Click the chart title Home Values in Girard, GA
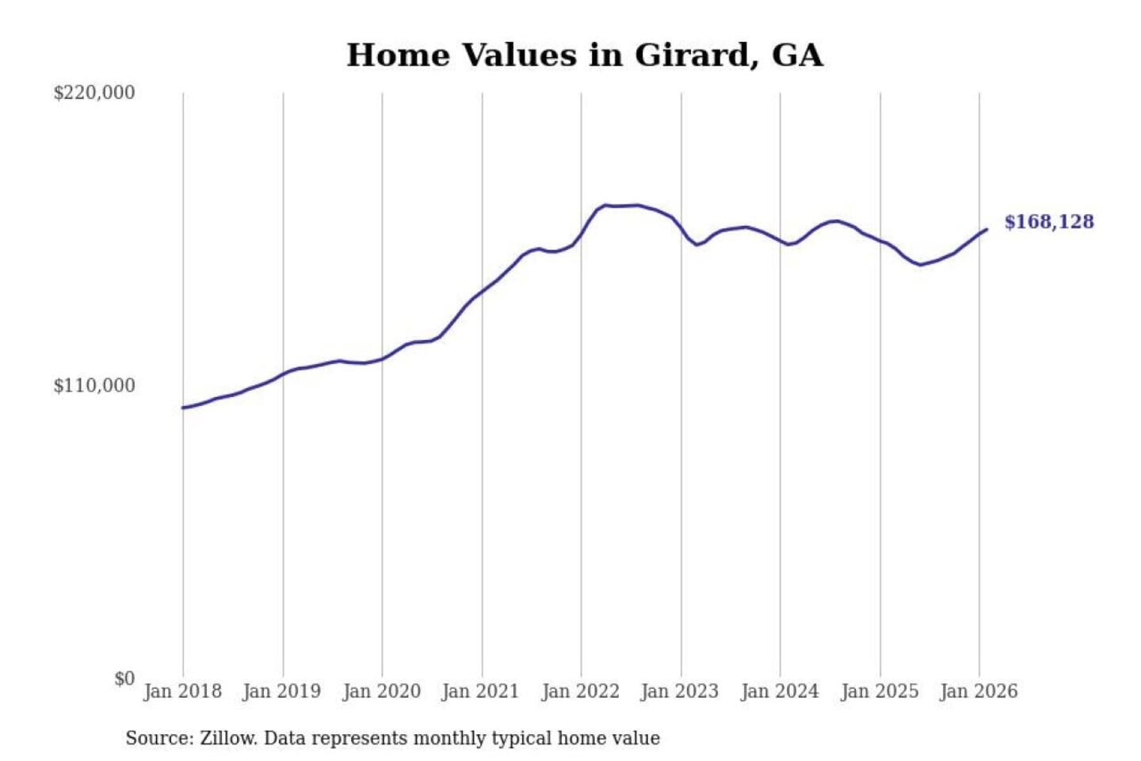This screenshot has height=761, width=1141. pos(585,55)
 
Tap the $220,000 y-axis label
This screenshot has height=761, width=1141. pos(94,93)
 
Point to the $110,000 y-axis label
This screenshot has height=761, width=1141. pos(94,386)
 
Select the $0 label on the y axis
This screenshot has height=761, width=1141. pos(124,679)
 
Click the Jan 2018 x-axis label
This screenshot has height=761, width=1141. pos(182,691)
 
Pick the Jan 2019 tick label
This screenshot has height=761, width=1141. pos(282,691)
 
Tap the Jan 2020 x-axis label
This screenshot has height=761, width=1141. pos(381,691)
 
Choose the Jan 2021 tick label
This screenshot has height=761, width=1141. pos(480,691)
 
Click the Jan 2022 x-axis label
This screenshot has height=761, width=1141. pos(580,691)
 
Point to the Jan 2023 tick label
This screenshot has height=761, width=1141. pos(679,691)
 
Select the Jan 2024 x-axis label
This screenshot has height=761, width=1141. pos(779,691)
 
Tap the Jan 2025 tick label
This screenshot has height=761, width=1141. pos(879,691)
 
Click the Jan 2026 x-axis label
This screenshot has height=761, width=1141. pos(978,691)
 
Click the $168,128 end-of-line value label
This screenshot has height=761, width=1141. pos(1049,222)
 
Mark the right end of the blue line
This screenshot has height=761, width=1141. pos(986,230)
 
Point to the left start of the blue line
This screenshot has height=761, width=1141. pos(183,407)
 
